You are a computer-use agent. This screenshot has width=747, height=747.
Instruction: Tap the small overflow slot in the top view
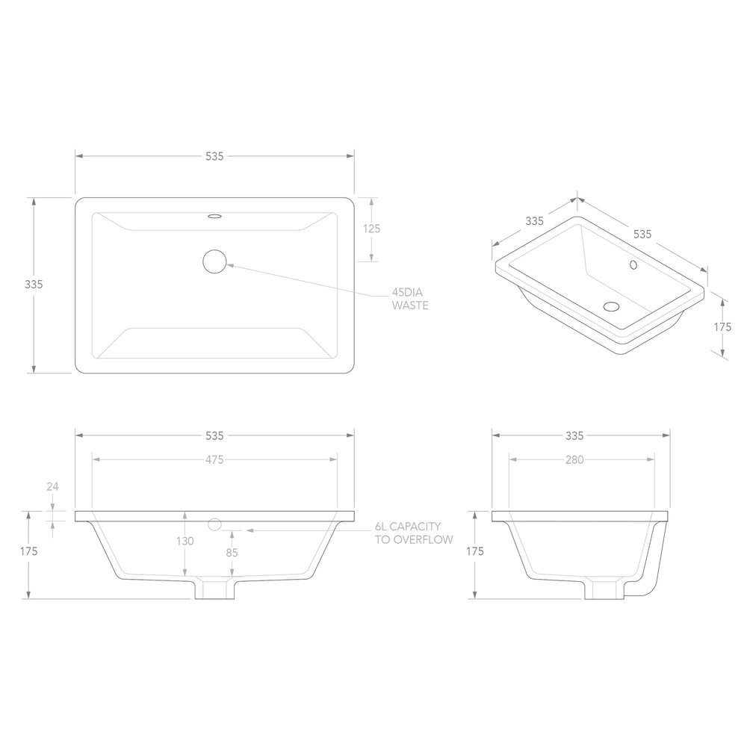tap(214, 217)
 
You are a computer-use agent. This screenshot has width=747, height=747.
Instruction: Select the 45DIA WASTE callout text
tap(410, 299)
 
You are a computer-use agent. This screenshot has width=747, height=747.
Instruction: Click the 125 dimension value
tap(371, 229)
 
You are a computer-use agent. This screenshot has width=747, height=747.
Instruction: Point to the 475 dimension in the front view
tap(214, 459)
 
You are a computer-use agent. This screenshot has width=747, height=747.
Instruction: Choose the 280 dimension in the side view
tap(574, 459)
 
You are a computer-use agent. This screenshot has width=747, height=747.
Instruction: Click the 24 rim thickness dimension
tap(52, 486)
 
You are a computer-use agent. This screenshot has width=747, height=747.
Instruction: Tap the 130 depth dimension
tap(185, 541)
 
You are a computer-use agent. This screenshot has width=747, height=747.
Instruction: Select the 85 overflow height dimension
tap(232, 553)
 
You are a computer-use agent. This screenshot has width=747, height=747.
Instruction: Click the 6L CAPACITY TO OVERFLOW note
tap(414, 533)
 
